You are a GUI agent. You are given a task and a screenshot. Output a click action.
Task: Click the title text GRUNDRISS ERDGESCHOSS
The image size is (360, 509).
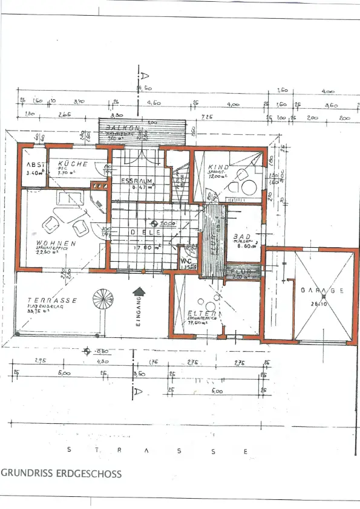pos(61,474)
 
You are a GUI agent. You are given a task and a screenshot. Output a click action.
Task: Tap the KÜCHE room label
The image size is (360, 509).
pos(73,164)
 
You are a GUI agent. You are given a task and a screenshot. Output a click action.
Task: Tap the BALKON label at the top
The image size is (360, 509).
pos(123,129)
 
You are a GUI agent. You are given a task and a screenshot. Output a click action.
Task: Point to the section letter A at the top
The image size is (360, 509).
pos(145,76)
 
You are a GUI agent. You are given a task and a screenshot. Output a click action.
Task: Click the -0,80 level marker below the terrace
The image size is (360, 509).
pos(100,351)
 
